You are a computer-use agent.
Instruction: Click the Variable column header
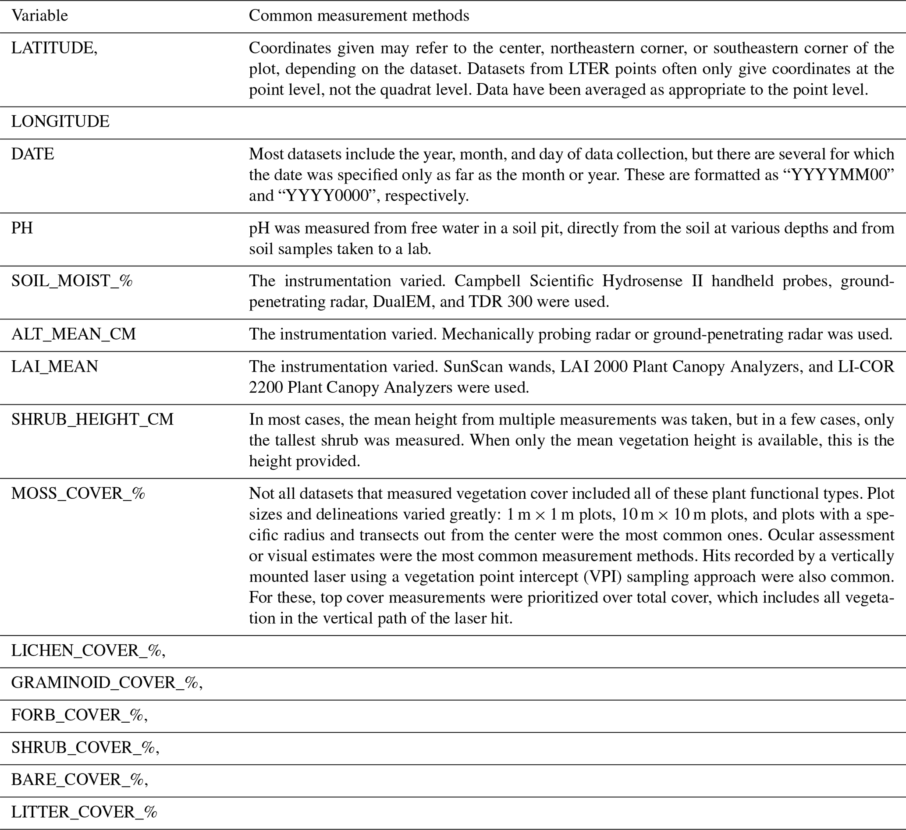39,16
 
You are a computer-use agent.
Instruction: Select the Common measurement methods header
359,16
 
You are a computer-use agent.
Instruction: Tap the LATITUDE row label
54,48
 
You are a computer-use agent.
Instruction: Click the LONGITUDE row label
60,122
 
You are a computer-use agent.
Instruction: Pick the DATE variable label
32,154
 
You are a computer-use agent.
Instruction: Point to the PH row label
22,228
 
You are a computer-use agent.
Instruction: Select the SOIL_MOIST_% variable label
72,281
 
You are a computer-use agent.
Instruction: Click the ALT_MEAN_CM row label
73,334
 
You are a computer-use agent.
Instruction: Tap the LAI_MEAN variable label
54,367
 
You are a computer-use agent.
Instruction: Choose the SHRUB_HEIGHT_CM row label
92,419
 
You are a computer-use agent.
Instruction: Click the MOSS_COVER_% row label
78,493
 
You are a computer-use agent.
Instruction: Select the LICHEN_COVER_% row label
88,650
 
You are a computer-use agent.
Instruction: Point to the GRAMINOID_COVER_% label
107,683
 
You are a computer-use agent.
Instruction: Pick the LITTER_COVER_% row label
84,812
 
